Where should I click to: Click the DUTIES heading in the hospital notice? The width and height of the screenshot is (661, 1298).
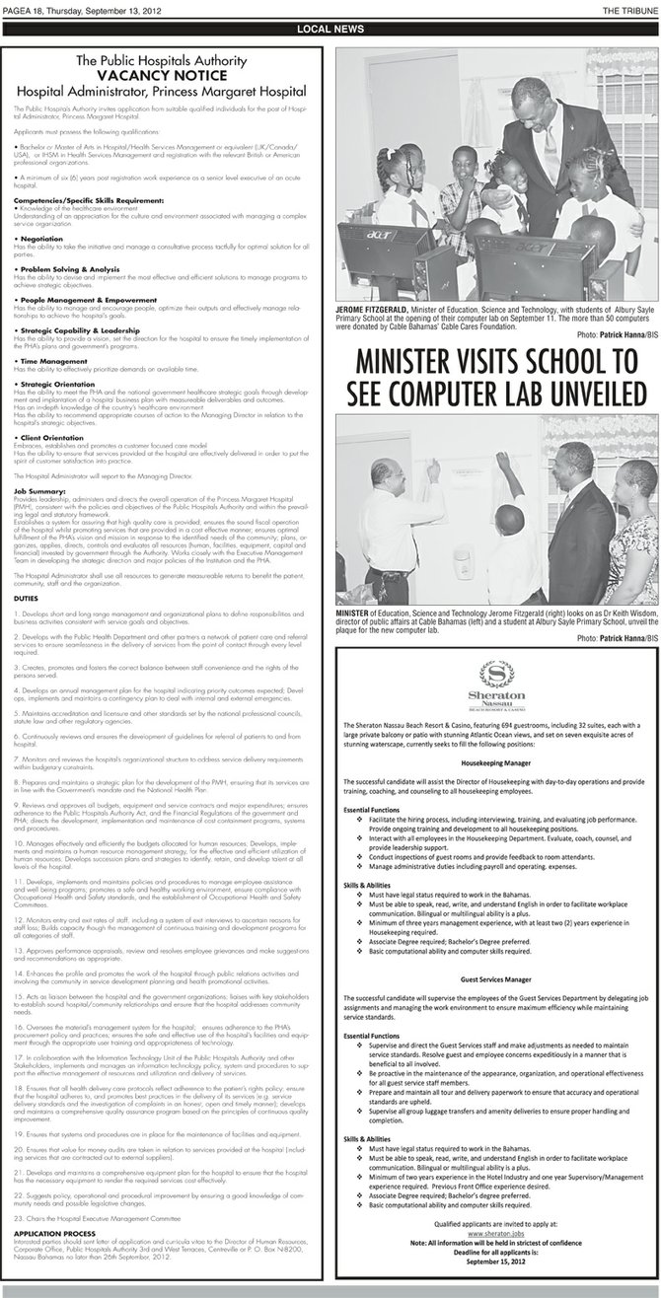point(29,600)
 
